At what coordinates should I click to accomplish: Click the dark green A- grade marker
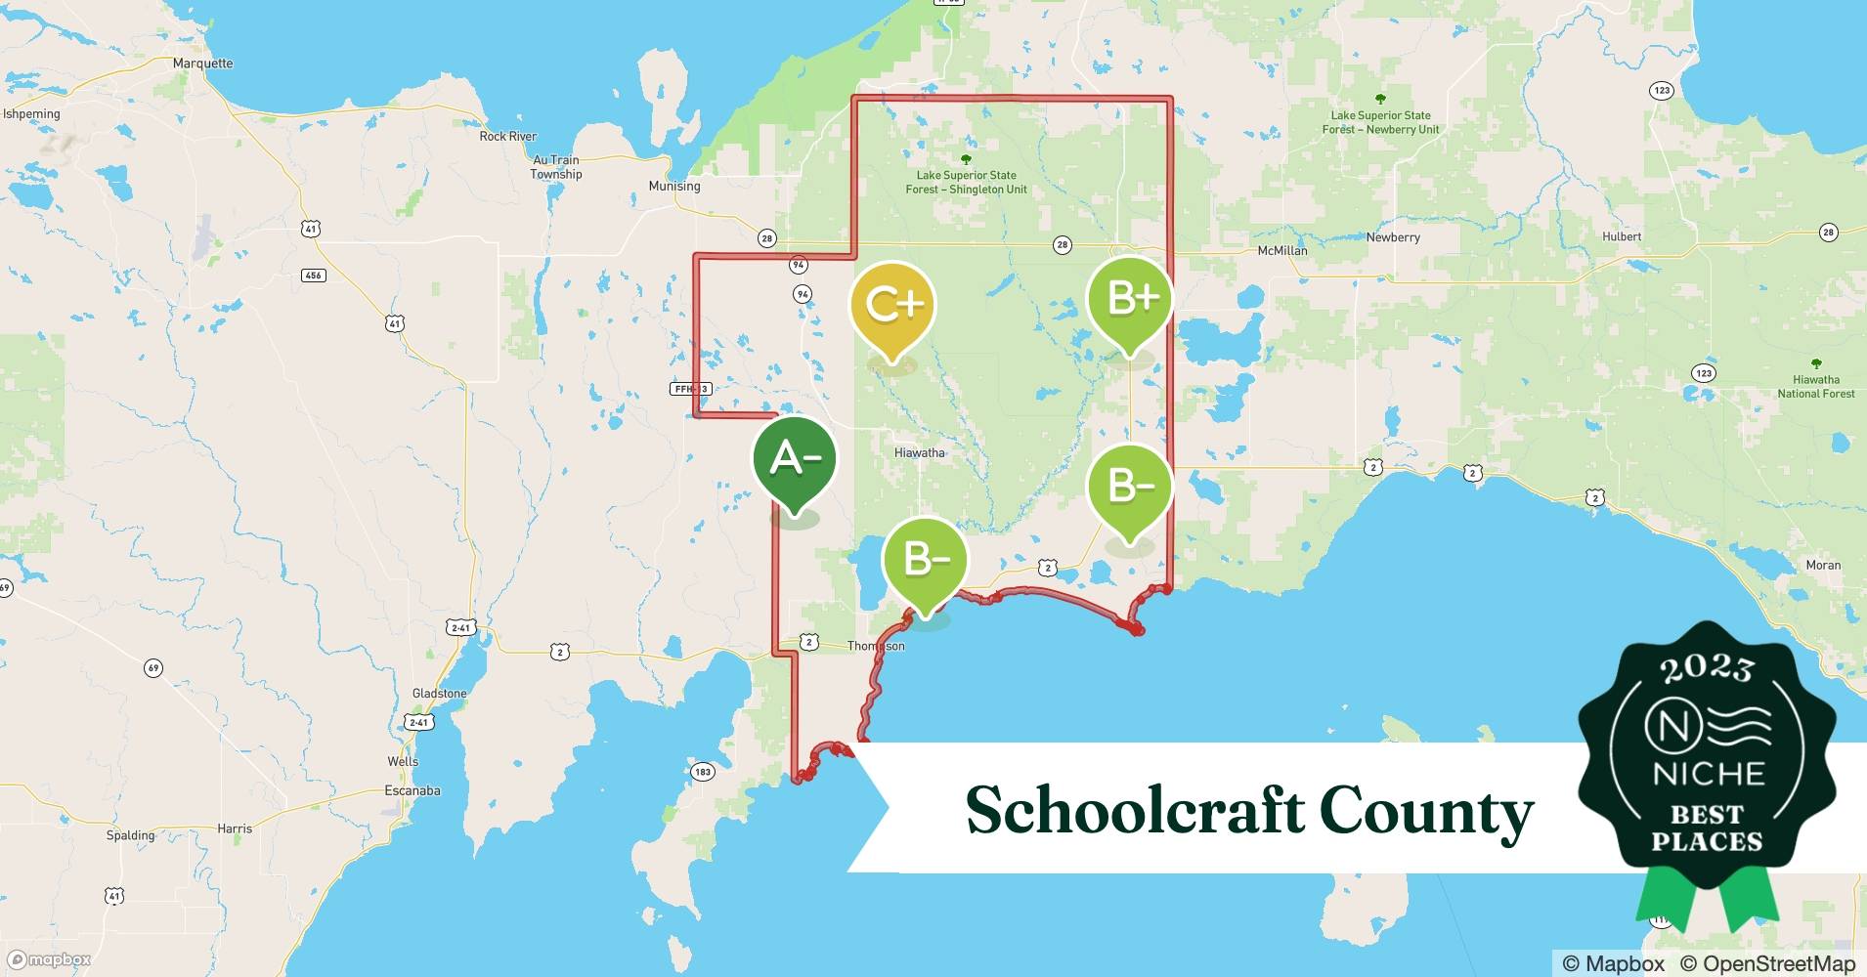click(794, 459)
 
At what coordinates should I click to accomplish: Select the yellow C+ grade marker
click(893, 305)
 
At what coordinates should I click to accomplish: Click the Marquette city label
click(202, 64)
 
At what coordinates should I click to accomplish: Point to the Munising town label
click(674, 186)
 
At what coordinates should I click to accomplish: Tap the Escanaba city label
click(412, 790)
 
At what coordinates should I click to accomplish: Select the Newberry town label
click(1393, 237)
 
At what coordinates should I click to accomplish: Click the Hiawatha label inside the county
click(920, 452)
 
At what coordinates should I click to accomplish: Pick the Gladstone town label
click(439, 693)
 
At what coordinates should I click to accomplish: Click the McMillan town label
click(1281, 250)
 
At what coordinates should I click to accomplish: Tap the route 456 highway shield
click(313, 276)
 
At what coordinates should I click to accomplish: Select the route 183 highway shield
click(702, 772)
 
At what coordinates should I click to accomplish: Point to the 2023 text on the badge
click(1707, 668)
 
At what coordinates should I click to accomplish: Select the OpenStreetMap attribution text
click(1767, 963)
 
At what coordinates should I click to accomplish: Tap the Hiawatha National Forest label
click(1815, 386)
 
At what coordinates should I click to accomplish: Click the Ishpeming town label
click(31, 114)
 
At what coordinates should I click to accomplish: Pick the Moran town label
click(1823, 565)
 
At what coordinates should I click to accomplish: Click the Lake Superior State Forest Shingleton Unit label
click(966, 182)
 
